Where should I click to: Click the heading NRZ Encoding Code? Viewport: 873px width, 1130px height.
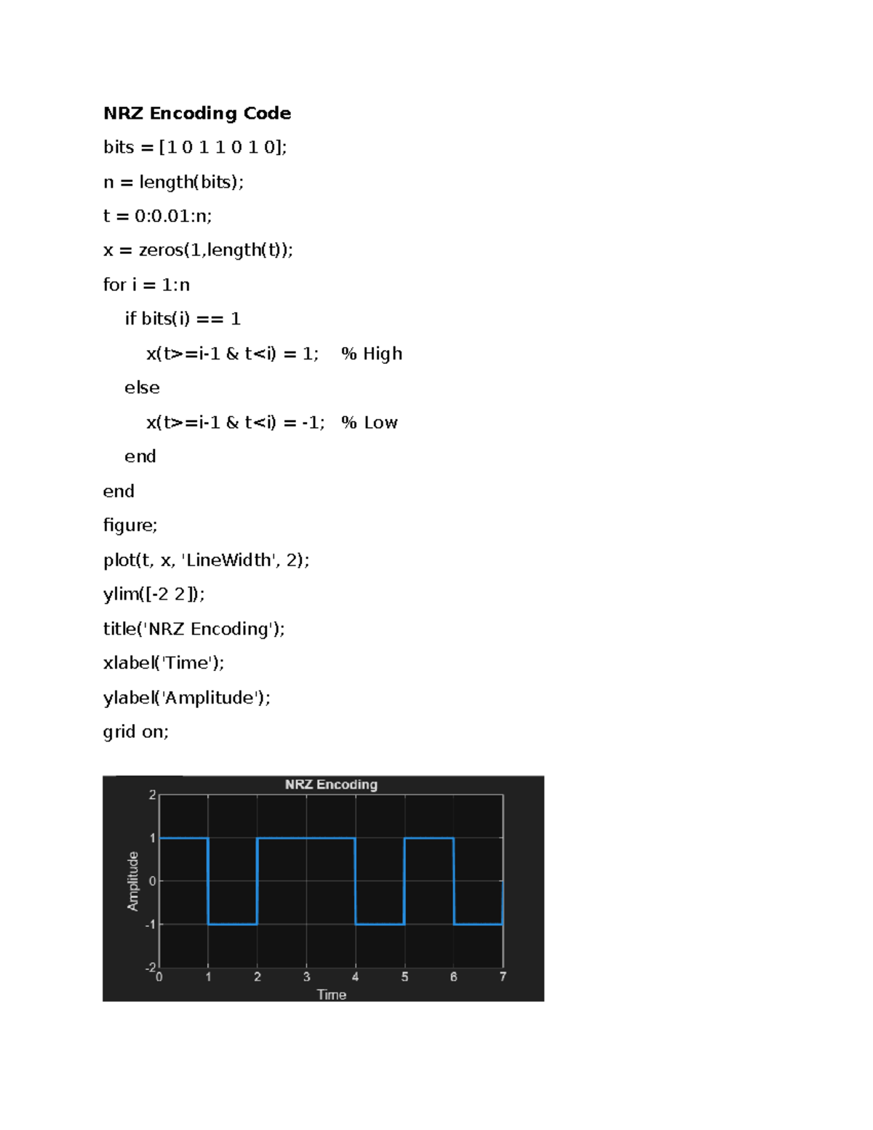pyautogui.click(x=197, y=113)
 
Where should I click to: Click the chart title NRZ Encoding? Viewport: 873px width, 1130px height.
pyautogui.click(x=331, y=784)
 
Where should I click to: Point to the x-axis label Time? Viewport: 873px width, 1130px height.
pyautogui.click(x=332, y=995)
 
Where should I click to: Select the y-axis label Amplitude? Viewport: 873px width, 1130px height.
pyautogui.click(x=133, y=881)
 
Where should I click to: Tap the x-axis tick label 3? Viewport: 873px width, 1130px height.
pyautogui.click(x=307, y=977)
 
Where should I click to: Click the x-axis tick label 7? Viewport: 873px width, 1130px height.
pyautogui.click(x=503, y=977)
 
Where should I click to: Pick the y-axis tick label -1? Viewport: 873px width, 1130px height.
pyautogui.click(x=150, y=925)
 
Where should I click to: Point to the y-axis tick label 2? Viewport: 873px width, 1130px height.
pyautogui.click(x=152, y=795)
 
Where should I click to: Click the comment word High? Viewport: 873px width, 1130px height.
pyautogui.click(x=383, y=354)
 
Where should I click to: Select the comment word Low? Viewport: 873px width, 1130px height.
pyautogui.click(x=380, y=422)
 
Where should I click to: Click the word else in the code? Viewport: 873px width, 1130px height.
pyautogui.click(x=142, y=388)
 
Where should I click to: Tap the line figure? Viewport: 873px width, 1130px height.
pyautogui.click(x=130, y=525)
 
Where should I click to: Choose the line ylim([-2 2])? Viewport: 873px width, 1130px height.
pyautogui.click(x=154, y=594)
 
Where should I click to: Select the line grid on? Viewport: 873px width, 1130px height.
pyautogui.click(x=136, y=732)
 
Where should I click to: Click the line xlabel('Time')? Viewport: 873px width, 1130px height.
pyautogui.click(x=164, y=663)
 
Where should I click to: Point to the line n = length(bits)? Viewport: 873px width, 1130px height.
pyautogui.click(x=174, y=182)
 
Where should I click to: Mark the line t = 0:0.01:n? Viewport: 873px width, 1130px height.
pyautogui.click(x=158, y=216)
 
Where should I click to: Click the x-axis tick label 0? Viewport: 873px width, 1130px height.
pyautogui.click(x=159, y=977)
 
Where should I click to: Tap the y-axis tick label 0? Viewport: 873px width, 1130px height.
pyautogui.click(x=152, y=881)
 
